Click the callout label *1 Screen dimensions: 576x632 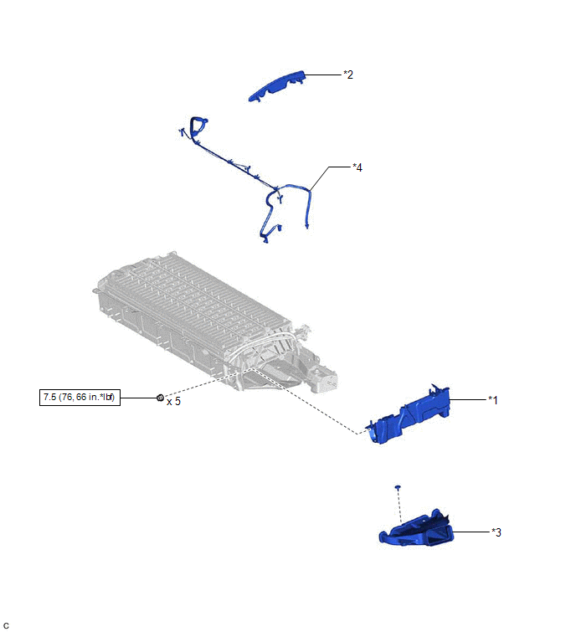click(493, 400)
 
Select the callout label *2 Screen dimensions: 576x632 click(348, 75)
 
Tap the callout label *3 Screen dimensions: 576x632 click(496, 532)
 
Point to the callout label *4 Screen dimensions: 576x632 click(357, 167)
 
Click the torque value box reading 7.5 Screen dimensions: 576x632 click(80, 398)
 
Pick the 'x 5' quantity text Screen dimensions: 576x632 click(174, 402)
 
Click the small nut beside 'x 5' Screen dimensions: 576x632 click(160, 398)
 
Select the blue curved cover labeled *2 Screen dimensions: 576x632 click(277, 85)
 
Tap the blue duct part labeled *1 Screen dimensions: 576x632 click(409, 415)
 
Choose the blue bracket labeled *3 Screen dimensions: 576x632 click(417, 530)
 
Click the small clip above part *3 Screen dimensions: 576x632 click(398, 487)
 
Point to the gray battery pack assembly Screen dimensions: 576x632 click(213, 322)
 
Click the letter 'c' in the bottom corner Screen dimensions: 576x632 click(6, 625)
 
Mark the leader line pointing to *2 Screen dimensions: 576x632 click(323, 75)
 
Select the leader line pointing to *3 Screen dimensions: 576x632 click(471, 532)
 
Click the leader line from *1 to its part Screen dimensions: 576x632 click(468, 399)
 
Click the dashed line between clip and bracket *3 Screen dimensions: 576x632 click(399, 506)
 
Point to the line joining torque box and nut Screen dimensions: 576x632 click(139, 398)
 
